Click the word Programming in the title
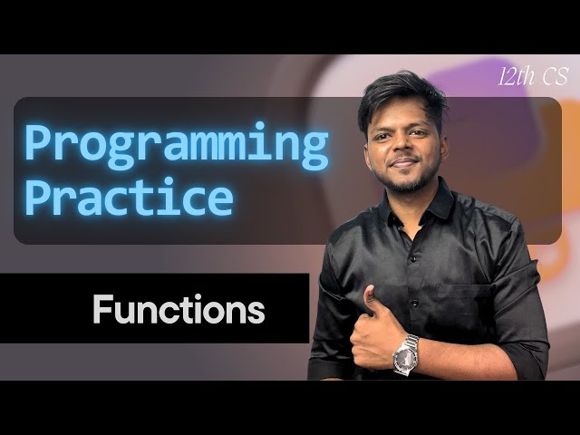coord(176,145)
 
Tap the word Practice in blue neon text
coord(128,198)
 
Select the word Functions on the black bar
coord(179,310)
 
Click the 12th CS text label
coord(529,76)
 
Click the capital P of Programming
coord(38,145)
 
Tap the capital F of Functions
coord(101,310)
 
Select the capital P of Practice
coord(38,198)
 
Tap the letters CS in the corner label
coord(547,76)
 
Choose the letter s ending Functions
coord(257,312)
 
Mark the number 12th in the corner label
coord(514,76)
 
